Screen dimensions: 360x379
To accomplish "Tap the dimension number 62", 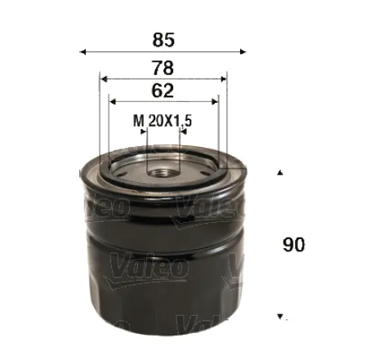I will pyautogui.click(x=163, y=88).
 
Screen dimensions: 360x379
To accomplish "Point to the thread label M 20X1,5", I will pyautogui.click(x=162, y=121).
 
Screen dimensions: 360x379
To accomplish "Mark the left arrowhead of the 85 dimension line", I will pyautogui.click(x=82, y=51).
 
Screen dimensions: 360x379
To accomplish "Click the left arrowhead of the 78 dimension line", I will pyautogui.click(x=102, y=78).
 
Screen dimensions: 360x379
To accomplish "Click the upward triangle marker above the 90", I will pyautogui.click(x=281, y=173).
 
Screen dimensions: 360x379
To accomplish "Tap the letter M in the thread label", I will pyautogui.click(x=137, y=121).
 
